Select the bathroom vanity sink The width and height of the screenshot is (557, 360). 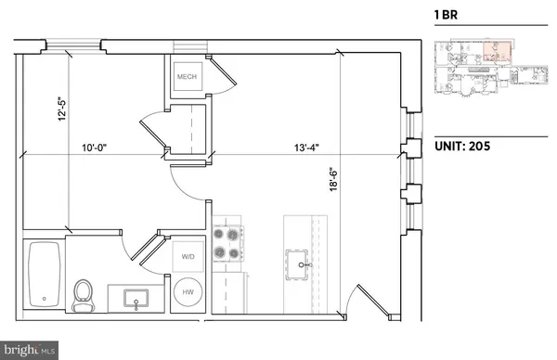click(135, 299)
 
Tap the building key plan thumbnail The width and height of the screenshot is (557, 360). click(487, 72)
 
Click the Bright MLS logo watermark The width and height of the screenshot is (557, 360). click(28, 350)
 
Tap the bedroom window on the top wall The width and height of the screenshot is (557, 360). click(76, 45)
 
